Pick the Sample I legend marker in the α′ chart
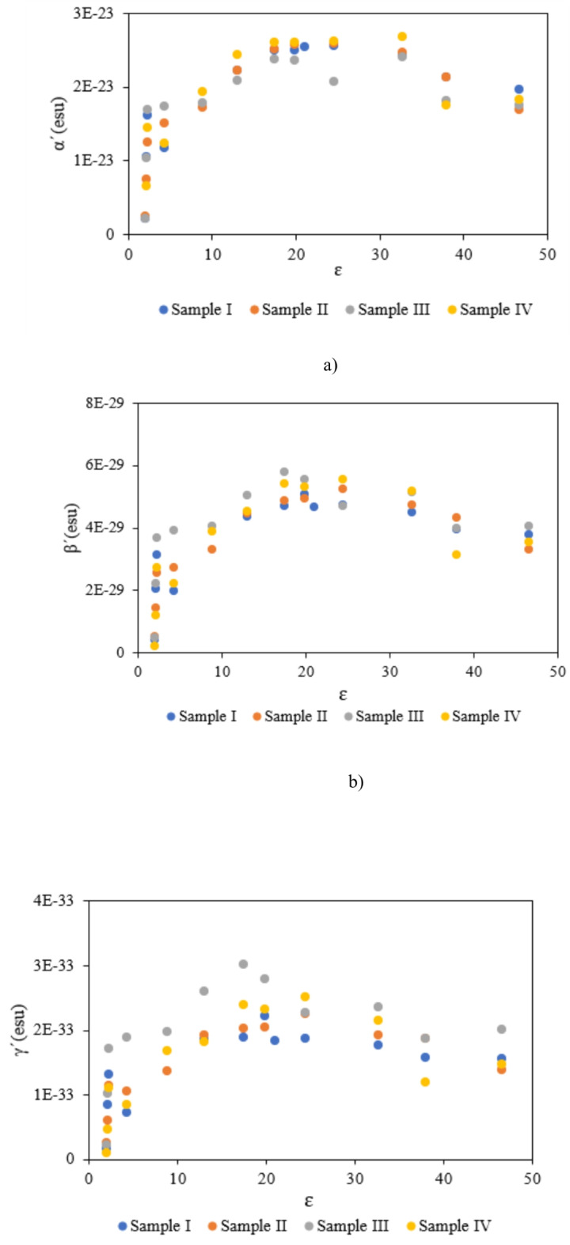pos(163,310)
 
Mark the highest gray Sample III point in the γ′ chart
pos(243,964)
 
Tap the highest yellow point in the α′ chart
pos(402,36)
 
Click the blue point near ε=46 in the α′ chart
pos(519,89)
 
